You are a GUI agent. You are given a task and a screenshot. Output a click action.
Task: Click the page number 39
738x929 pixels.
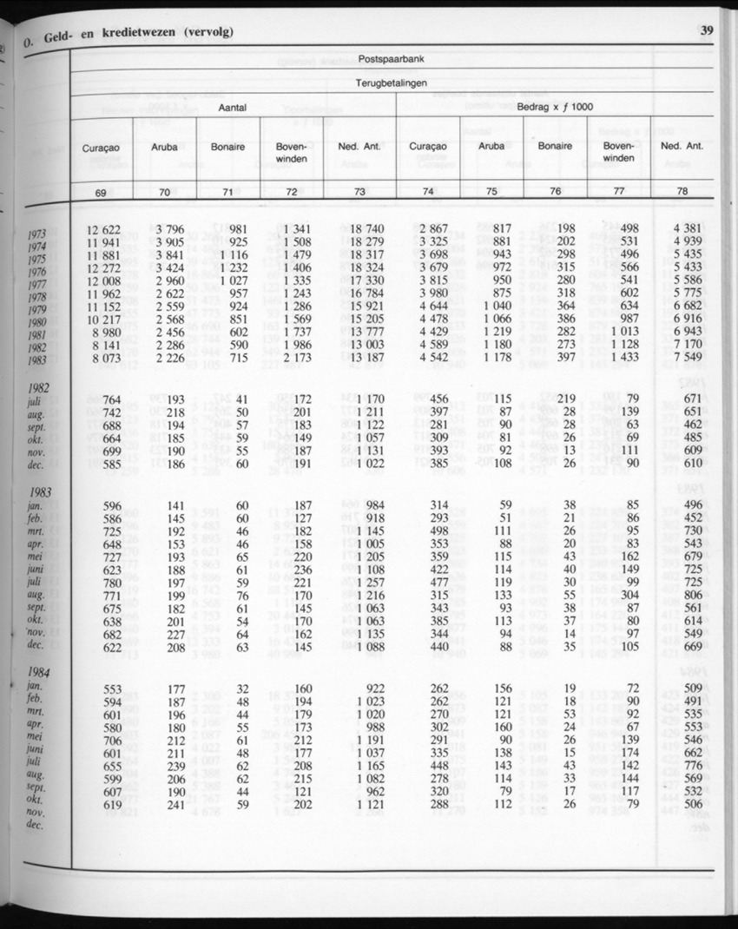(706, 31)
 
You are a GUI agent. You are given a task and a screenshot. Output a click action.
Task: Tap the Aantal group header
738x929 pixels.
(233, 107)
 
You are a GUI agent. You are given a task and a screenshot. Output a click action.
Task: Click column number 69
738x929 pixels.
(101, 191)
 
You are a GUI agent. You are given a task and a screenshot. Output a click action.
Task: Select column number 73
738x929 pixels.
(359, 191)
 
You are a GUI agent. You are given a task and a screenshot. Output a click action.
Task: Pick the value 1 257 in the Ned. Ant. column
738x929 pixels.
(368, 582)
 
